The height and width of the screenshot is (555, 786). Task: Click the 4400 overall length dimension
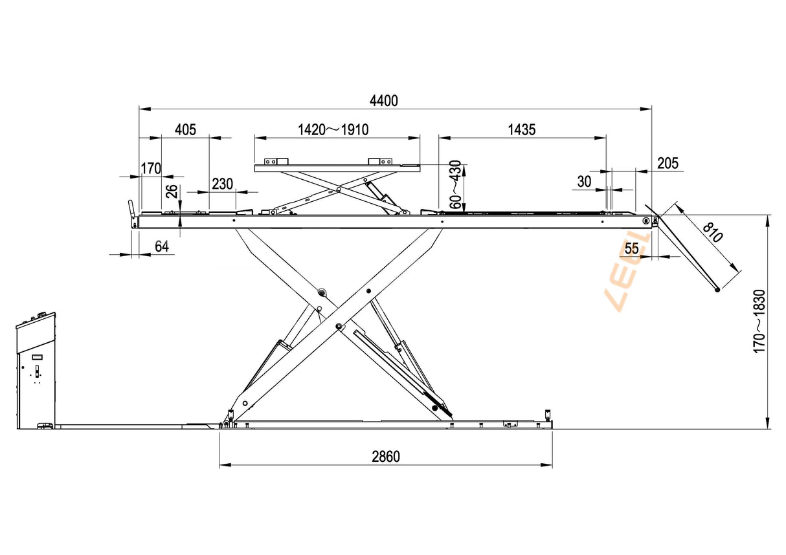[384, 101]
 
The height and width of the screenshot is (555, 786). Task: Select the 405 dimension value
[185, 130]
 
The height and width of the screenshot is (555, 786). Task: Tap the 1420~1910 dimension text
[333, 130]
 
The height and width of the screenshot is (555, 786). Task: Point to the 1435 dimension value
[522, 130]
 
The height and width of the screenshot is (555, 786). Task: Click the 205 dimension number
[668, 164]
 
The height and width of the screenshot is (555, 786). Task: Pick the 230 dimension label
[223, 184]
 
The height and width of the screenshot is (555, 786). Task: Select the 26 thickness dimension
[172, 191]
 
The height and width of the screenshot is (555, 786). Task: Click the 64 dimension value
[162, 247]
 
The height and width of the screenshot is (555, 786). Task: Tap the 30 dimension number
[584, 182]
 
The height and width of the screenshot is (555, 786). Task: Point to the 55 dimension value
[632, 248]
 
